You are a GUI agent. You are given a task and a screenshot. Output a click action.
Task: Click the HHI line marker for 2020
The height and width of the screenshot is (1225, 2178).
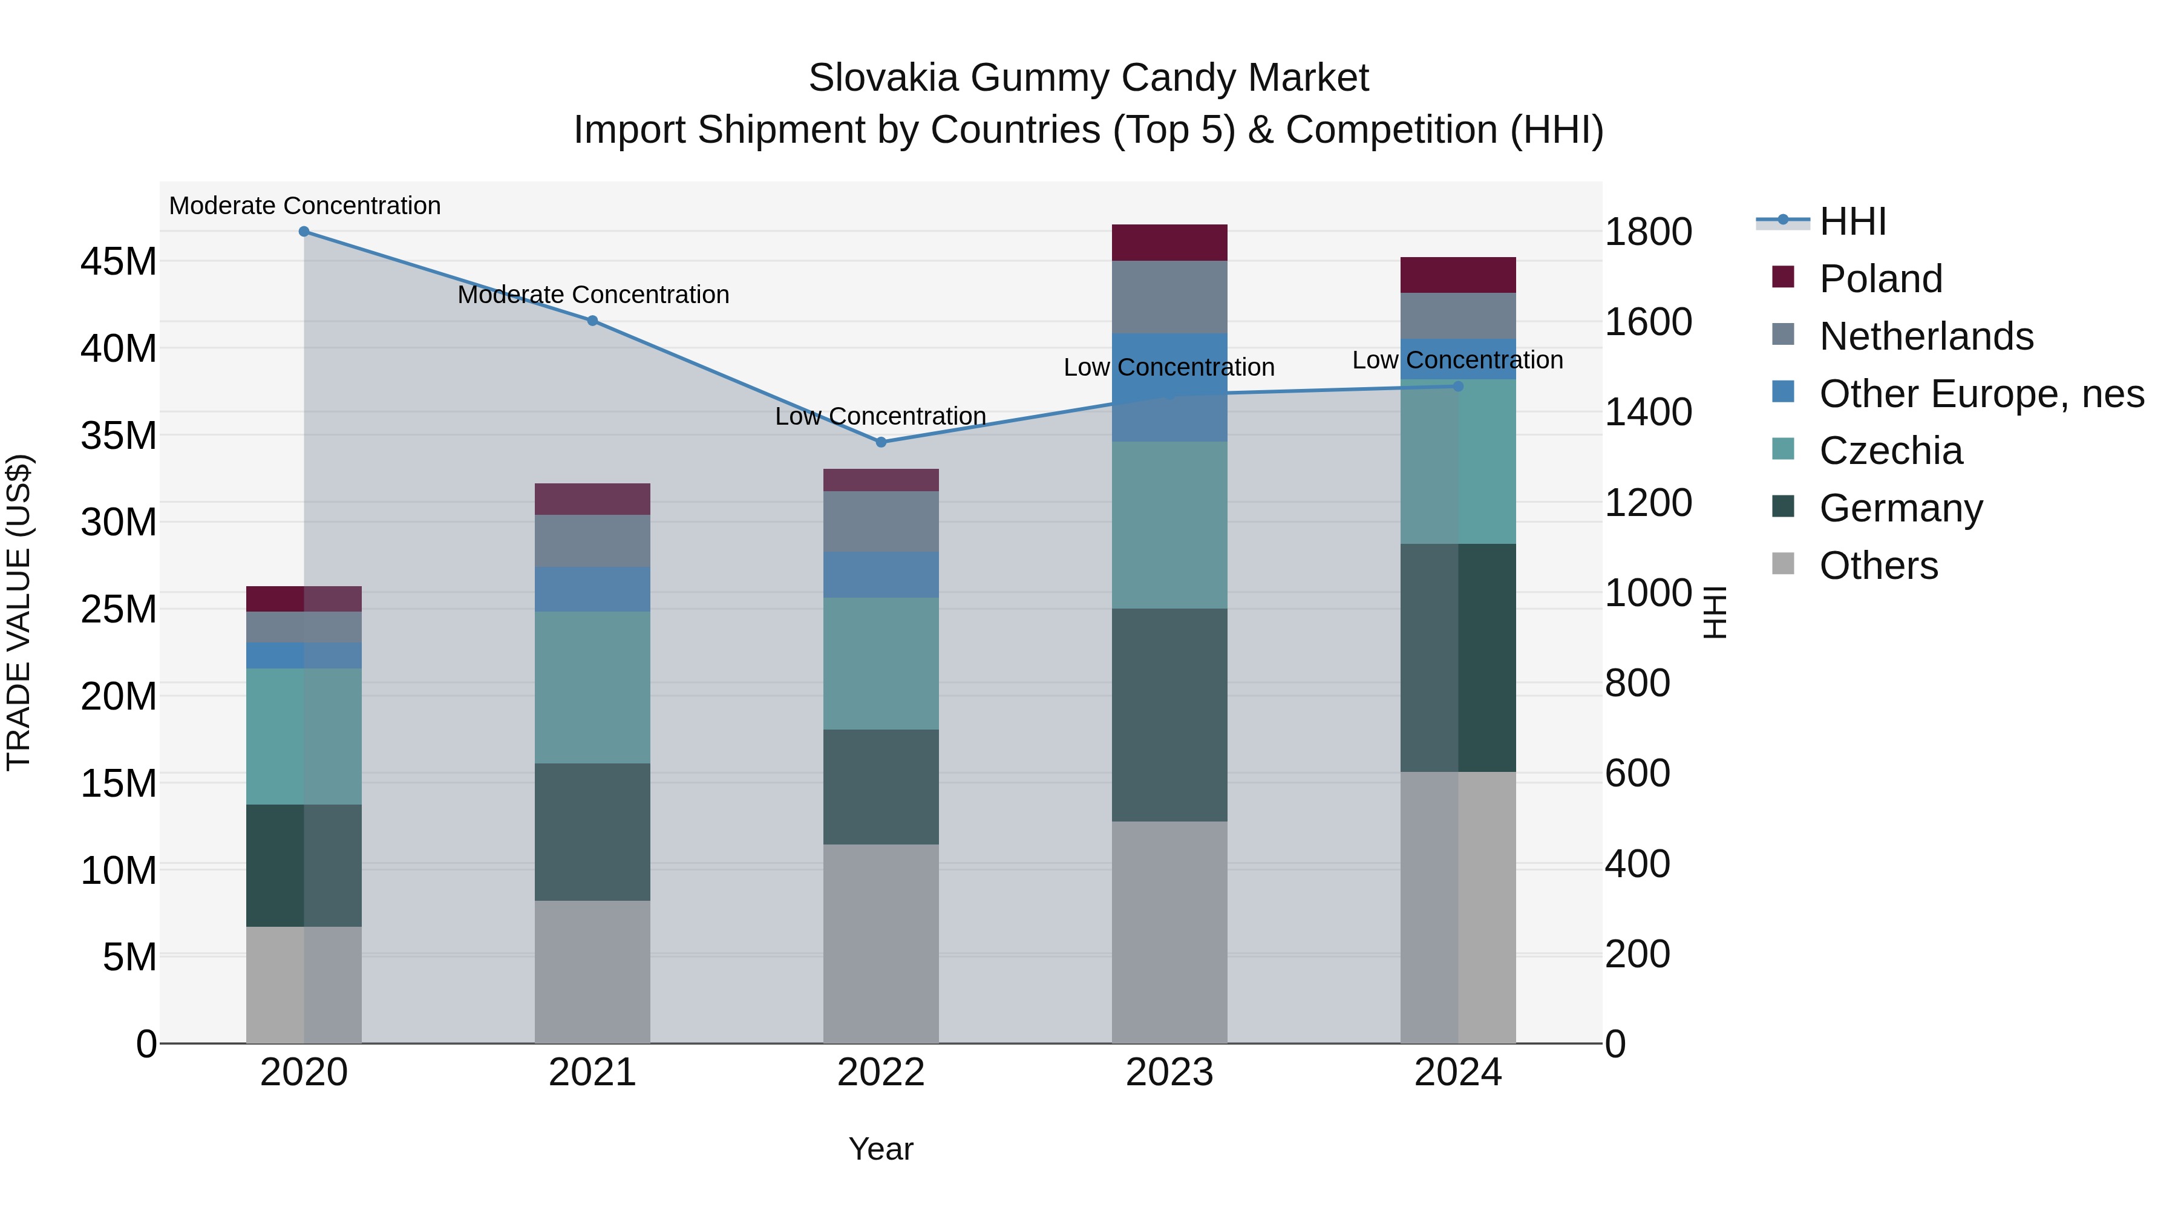pyautogui.click(x=304, y=232)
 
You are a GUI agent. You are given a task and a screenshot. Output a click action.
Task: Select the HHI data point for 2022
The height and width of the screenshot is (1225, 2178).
pyautogui.click(x=881, y=442)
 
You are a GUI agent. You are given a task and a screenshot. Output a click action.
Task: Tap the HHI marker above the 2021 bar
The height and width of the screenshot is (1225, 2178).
pyautogui.click(x=593, y=321)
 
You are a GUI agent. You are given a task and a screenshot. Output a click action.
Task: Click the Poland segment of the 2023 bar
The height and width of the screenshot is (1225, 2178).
pyautogui.click(x=1169, y=243)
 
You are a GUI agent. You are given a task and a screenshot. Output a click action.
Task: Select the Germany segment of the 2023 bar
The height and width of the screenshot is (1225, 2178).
pyautogui.click(x=1169, y=714)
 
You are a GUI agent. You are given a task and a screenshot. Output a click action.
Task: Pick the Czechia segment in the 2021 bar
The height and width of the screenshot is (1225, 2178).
pyautogui.click(x=593, y=687)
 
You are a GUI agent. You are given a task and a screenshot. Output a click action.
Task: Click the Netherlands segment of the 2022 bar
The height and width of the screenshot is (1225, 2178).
pyautogui.click(x=881, y=521)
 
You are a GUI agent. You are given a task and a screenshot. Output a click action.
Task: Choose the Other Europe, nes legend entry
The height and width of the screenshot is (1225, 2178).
pyautogui.click(x=1981, y=394)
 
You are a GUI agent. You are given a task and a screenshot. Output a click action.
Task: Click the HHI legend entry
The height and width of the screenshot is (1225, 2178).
pyautogui.click(x=1852, y=221)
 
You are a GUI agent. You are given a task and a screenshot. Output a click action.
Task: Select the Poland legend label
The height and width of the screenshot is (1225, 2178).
pyautogui.click(x=1881, y=279)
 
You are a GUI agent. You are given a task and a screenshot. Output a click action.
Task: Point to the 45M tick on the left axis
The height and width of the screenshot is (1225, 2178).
pyautogui.click(x=119, y=261)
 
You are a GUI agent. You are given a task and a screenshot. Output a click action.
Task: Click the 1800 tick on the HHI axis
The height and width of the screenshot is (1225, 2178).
pyautogui.click(x=1648, y=232)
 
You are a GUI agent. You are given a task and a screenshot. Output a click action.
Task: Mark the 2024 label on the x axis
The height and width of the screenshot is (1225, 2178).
pyautogui.click(x=1457, y=1073)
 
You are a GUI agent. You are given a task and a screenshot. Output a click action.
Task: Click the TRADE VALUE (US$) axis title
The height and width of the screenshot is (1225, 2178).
pyautogui.click(x=19, y=612)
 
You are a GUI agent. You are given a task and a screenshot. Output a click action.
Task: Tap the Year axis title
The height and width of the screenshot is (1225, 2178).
pyautogui.click(x=881, y=1149)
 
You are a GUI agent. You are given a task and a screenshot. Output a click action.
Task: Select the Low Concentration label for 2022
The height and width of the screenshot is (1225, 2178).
pyautogui.click(x=881, y=416)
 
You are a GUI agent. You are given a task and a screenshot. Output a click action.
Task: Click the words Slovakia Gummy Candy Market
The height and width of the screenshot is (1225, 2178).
pyautogui.click(x=1088, y=78)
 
